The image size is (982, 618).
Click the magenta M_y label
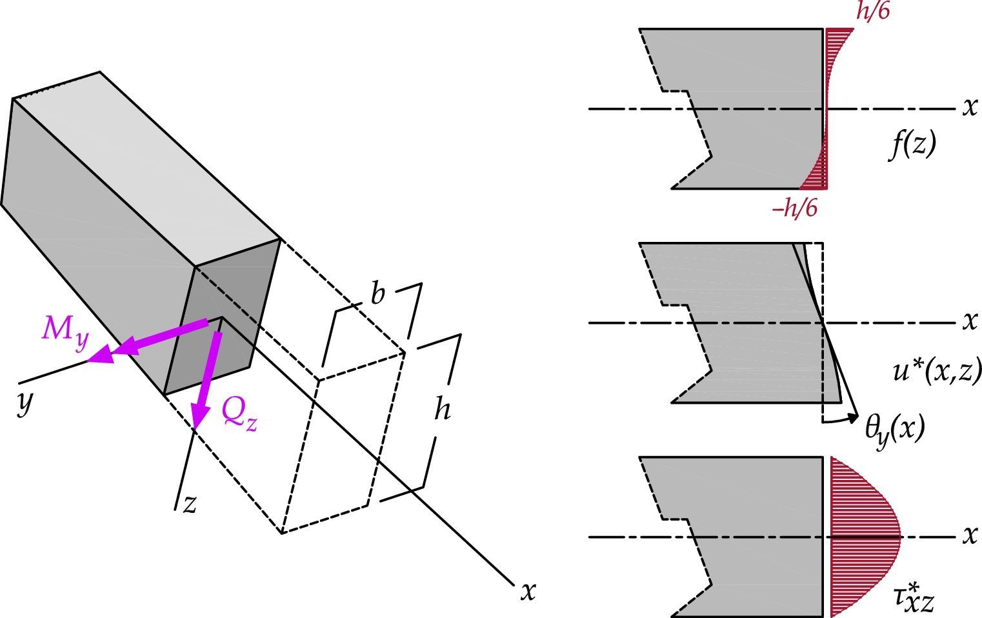tap(65, 330)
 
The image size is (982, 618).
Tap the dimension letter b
tap(377, 294)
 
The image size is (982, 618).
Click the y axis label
tap(25, 403)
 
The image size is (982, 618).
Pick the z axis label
tap(189, 504)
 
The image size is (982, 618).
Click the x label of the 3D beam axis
tap(528, 590)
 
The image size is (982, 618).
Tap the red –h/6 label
tap(794, 208)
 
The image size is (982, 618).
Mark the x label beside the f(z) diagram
tap(970, 107)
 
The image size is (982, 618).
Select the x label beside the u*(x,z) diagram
tap(970, 321)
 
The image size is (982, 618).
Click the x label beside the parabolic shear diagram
tap(970, 535)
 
